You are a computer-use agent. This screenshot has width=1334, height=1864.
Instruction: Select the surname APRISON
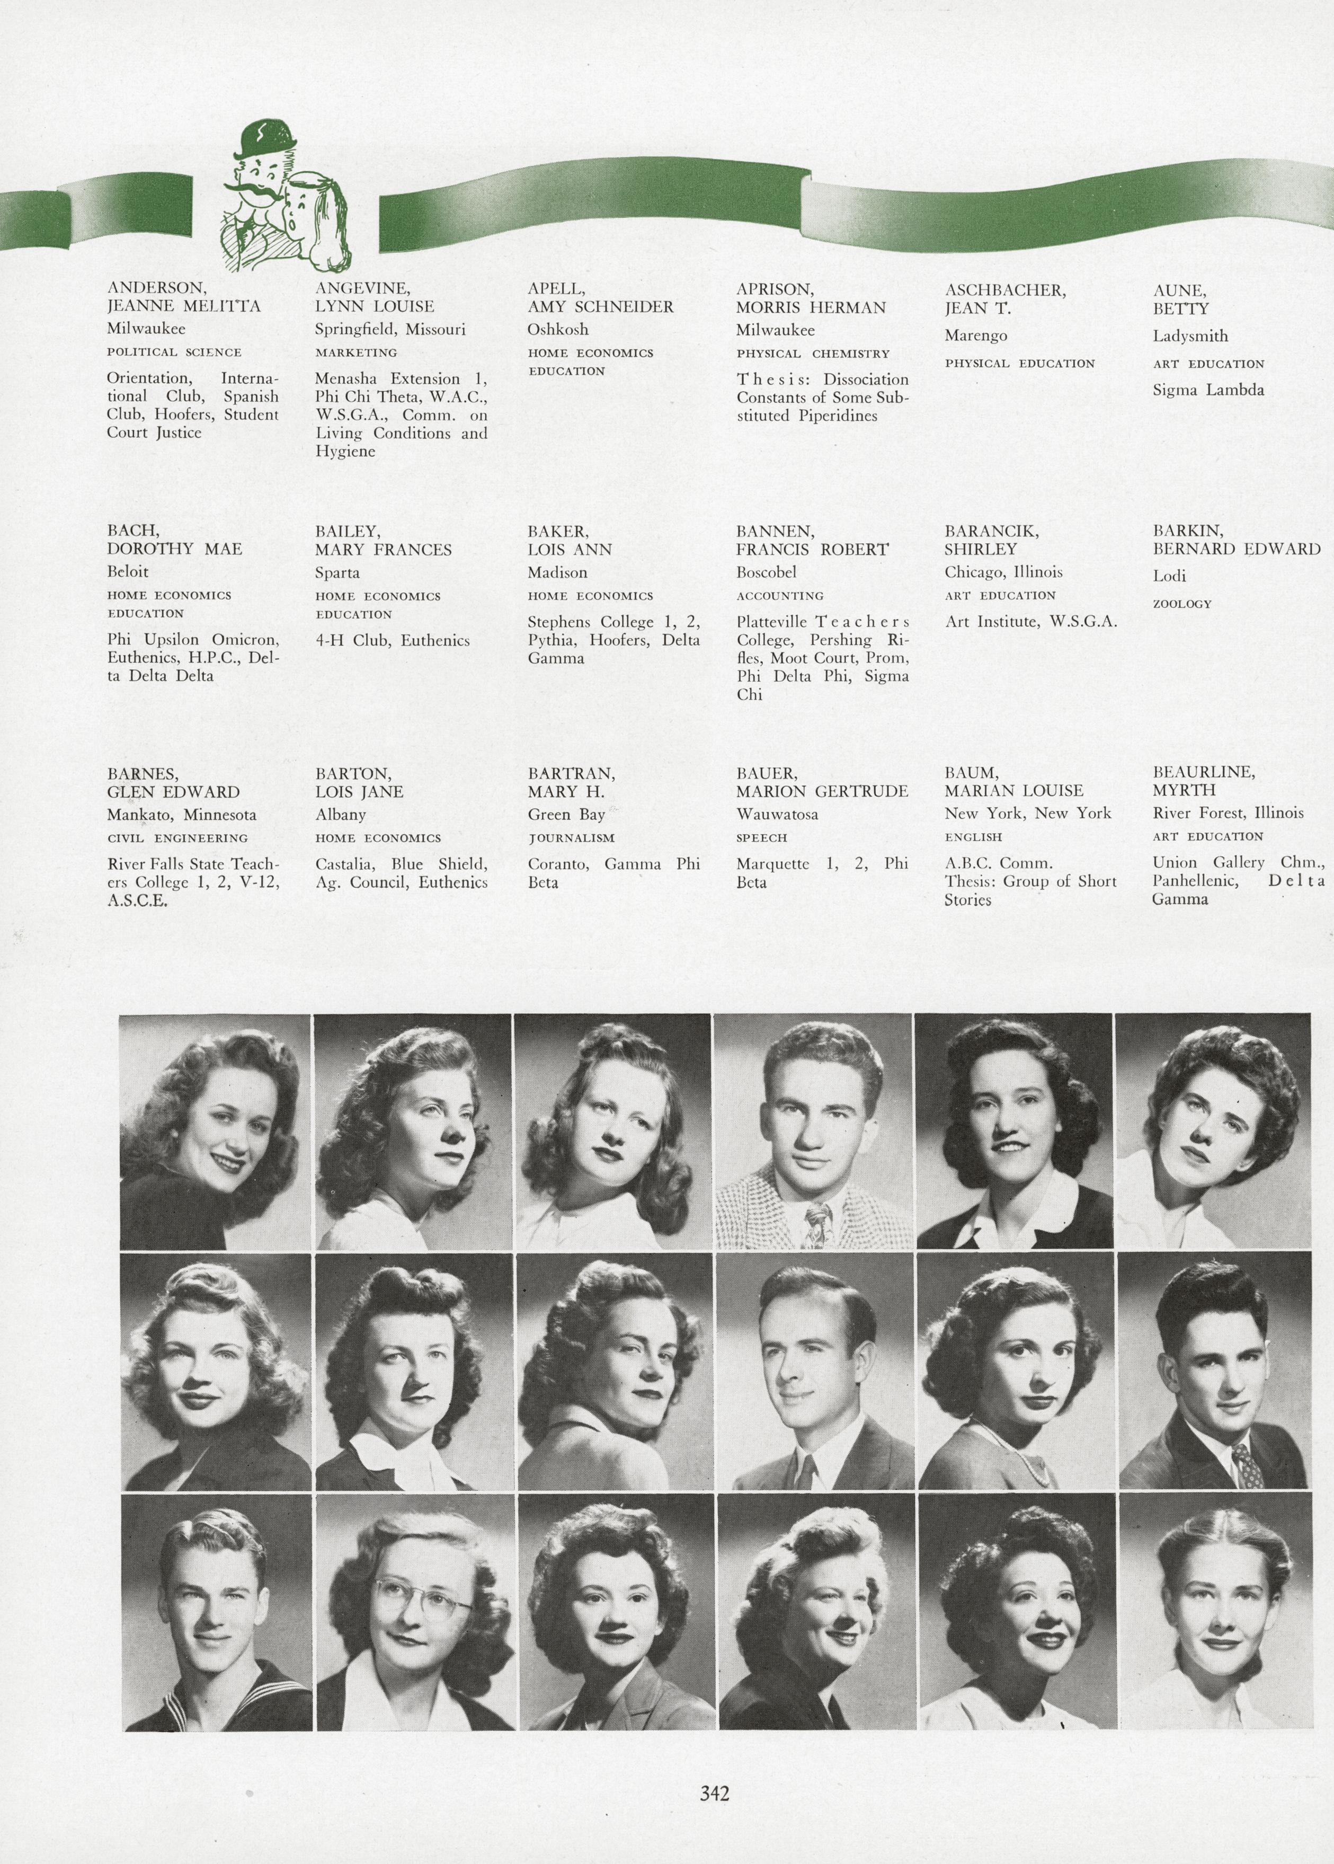coord(774,289)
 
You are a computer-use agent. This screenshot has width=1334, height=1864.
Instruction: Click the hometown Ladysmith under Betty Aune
coord(1190,336)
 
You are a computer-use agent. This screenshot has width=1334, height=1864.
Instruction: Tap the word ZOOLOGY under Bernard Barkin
coord(1182,604)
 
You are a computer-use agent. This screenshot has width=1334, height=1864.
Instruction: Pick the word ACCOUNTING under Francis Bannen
coord(779,596)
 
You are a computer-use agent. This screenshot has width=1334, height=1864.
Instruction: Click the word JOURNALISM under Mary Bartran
coord(571,838)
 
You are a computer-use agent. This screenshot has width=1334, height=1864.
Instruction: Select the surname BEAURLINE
coord(1203,772)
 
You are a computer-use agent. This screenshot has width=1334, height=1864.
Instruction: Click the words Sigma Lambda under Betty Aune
coord(1207,390)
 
